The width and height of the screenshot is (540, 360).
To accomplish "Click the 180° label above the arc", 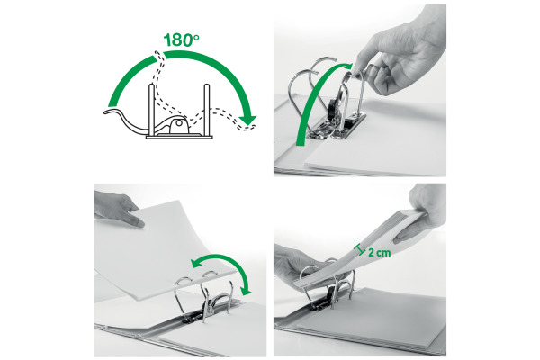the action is coord(182,40).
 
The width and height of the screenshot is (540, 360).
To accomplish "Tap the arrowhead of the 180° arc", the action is coord(247,119).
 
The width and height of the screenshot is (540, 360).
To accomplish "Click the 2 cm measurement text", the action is coord(380,253).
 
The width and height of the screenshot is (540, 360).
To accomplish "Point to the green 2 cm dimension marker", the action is coord(361,249).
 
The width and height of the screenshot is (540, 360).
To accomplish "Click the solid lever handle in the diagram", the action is coord(128,121).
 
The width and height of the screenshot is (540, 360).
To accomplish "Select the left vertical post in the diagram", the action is coord(151,110).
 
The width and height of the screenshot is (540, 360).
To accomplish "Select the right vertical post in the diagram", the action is coord(207,110).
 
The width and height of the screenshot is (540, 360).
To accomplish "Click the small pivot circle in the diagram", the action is coord(179,122).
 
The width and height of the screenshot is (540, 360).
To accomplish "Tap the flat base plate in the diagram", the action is coord(179,137).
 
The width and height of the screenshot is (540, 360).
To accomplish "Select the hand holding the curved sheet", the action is coord(118,209).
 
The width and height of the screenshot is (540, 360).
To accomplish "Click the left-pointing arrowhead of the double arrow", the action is coord(196,263).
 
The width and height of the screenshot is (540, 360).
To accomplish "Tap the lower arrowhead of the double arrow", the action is coord(246,291).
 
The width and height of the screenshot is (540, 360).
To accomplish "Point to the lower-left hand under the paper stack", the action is coord(303,265).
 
